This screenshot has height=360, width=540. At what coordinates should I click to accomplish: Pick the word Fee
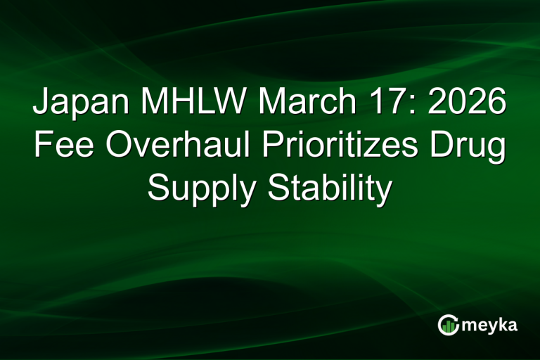(58, 148)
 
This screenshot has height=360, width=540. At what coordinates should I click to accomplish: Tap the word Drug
(468, 148)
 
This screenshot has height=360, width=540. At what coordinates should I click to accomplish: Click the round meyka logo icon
(449, 324)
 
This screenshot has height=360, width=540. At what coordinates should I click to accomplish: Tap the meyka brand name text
(491, 325)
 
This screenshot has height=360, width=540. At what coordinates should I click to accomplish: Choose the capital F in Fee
(42, 148)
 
